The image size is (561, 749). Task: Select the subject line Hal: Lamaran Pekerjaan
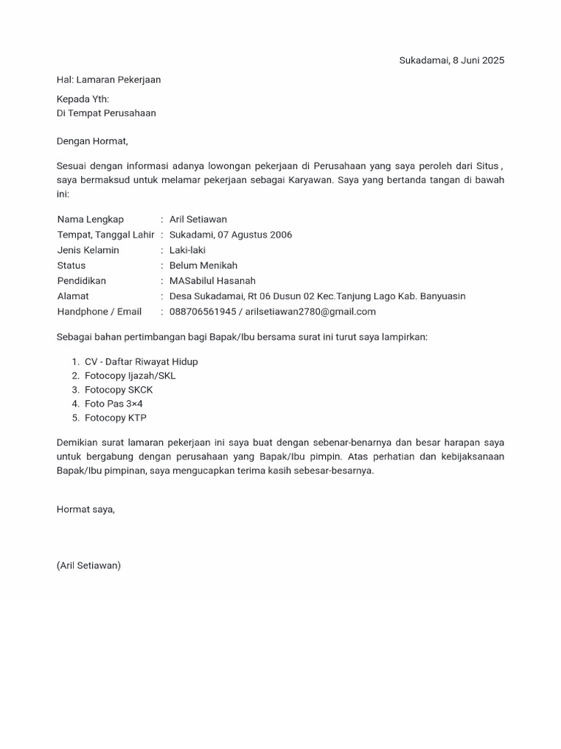[109, 80]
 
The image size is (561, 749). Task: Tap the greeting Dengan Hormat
[92, 141]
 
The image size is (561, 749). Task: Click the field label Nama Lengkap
[91, 219]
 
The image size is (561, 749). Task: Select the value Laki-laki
[187, 250]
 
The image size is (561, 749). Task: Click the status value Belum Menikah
[203, 266]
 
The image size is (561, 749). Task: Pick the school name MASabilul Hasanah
[213, 281]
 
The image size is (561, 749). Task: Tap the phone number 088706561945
[203, 312]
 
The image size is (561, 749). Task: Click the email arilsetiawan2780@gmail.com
[310, 312]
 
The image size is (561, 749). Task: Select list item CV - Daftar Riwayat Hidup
[141, 361]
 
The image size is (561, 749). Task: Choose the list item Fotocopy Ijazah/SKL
[130, 375]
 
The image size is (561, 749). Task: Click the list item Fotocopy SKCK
[118, 390]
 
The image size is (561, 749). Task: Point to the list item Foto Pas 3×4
[113, 404]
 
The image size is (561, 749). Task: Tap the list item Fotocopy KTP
[115, 418]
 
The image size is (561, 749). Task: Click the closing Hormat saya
[85, 509]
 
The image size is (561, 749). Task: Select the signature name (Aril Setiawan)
[88, 565]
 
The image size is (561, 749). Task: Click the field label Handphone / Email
[99, 312]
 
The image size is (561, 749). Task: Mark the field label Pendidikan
[82, 281]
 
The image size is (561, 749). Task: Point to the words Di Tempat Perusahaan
[107, 113]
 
